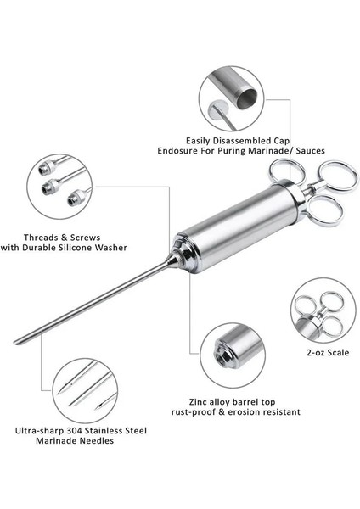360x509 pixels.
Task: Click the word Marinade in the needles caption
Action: pyautogui.click(x=55, y=441)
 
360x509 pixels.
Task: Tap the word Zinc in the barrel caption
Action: pyautogui.click(x=198, y=402)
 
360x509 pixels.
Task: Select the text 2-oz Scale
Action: pyautogui.click(x=328, y=353)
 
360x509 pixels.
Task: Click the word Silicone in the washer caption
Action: pyautogui.click(x=76, y=248)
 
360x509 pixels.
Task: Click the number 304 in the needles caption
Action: pyautogui.click(x=75, y=431)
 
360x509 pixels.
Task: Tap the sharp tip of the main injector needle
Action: pyautogui.click(x=14, y=342)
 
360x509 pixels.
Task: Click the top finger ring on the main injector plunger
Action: pyautogui.click(x=286, y=171)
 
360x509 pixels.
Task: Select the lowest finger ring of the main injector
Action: pyautogui.click(x=326, y=211)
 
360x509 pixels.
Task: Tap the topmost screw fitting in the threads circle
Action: pyautogui.click(x=45, y=168)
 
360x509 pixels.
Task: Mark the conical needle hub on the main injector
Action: pyautogui.click(x=173, y=260)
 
